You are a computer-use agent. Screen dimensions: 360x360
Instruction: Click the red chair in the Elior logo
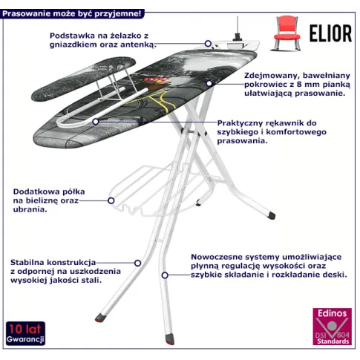pyautogui.click(x=287, y=33)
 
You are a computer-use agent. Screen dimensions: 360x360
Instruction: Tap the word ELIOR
pyautogui.click(x=330, y=33)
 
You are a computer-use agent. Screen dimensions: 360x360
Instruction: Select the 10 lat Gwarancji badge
pyautogui.click(x=25, y=333)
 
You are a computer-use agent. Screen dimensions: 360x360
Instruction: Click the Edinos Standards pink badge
pyautogui.click(x=332, y=327)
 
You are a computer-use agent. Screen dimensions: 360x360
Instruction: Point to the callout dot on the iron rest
pyautogui.click(x=208, y=44)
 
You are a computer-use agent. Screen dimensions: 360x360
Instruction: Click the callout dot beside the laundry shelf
pyautogui.click(x=111, y=200)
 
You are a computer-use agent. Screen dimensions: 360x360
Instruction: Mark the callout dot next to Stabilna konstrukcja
pyautogui.click(x=137, y=263)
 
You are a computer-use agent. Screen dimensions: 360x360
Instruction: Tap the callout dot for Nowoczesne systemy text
pyautogui.click(x=165, y=275)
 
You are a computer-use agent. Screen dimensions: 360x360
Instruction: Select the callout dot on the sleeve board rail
pyautogui.click(x=96, y=122)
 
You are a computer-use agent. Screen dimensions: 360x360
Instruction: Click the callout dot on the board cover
pyautogui.click(x=209, y=83)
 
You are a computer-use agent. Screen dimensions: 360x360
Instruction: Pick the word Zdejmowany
pyautogui.click(x=272, y=76)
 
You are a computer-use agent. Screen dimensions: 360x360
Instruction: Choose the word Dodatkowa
pyautogui.click(x=36, y=192)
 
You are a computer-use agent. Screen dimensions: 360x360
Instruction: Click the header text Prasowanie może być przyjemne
pyautogui.click(x=72, y=13)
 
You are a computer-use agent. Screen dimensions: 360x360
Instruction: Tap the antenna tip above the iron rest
pyautogui.click(x=238, y=17)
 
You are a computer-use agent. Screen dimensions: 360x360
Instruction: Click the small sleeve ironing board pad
pyautogui.click(x=84, y=78)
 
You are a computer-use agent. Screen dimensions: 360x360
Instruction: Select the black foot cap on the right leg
pyautogui.click(x=271, y=215)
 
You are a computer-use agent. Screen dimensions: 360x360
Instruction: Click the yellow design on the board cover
pyautogui.click(x=159, y=100)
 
